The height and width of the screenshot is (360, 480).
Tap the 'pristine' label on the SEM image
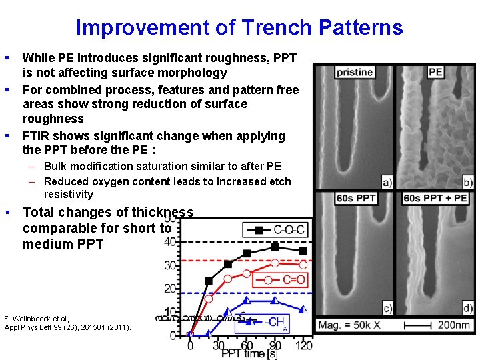[x=354, y=72]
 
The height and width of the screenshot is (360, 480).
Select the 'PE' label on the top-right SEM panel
[x=435, y=72]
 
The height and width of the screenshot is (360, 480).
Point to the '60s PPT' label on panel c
[x=355, y=198]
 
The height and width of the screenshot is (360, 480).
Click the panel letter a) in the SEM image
[x=387, y=181]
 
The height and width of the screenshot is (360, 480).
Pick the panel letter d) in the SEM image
[x=468, y=307]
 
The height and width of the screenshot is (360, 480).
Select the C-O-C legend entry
[x=274, y=230]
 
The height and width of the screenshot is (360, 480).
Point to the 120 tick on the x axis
[x=303, y=345]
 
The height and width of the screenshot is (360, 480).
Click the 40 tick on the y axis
[x=171, y=241]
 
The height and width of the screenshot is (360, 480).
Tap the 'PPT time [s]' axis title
[x=249, y=353]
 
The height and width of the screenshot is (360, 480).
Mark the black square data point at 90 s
[x=275, y=247]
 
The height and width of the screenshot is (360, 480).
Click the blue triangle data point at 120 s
[x=303, y=309]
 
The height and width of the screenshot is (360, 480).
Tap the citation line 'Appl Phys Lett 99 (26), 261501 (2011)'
[x=67, y=327]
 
